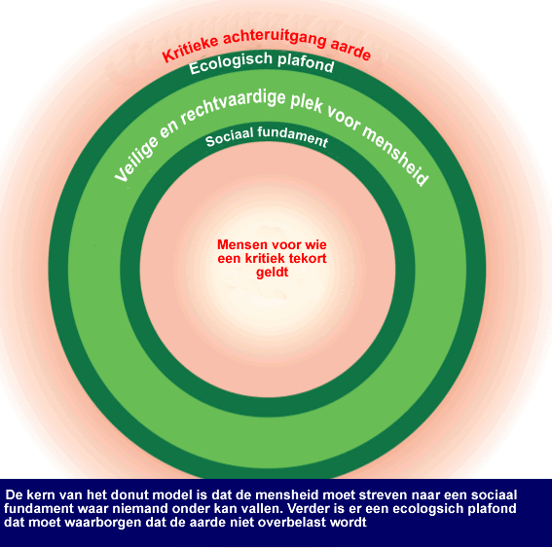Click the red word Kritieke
[x=191, y=49]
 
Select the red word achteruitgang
[x=276, y=38]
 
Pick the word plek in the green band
[x=307, y=104]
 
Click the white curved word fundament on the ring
[x=292, y=136]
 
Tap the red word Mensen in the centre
[x=239, y=244]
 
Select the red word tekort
[x=308, y=258]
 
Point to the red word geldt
[x=273, y=273]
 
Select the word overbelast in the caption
[x=294, y=523]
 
